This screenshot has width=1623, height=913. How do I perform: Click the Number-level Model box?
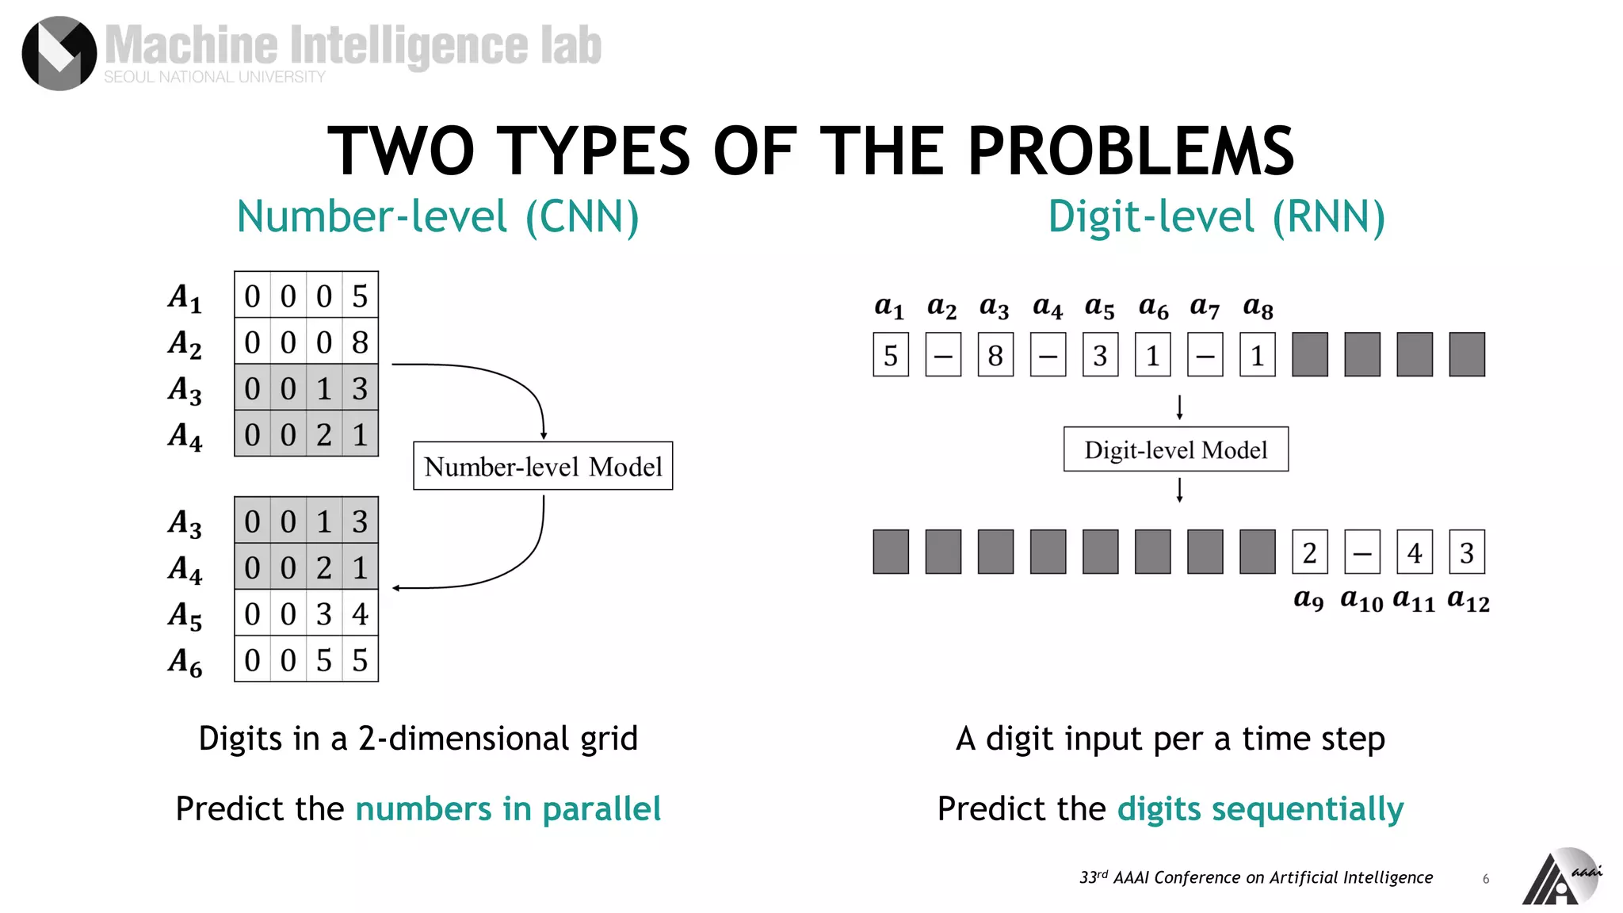pos(543,466)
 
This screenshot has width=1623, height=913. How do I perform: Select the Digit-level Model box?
pos(1175,449)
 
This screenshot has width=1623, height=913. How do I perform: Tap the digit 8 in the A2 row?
pos(360,342)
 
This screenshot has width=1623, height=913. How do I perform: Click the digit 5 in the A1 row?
pos(360,296)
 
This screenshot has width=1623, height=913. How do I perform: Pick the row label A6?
pos(185,661)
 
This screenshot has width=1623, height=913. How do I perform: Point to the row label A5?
pos(185,615)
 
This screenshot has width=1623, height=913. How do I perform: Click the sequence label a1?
pos(889,307)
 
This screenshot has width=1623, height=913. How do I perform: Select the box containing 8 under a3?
pos(995,355)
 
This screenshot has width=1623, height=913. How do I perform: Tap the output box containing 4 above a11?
pos(1415,552)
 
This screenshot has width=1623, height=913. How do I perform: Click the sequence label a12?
pos(1468,600)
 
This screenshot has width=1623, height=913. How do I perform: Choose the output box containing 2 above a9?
pos(1309,552)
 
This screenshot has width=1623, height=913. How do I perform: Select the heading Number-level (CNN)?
pos(437,216)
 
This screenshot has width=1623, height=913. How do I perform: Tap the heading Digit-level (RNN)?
pos(1216,216)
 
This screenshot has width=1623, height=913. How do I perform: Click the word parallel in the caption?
pos(601,809)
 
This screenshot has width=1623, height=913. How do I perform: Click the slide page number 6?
pos(1486,879)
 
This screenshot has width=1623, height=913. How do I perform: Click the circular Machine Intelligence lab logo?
pos(59,53)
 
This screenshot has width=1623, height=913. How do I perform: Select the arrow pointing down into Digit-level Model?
pos(1179,407)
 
